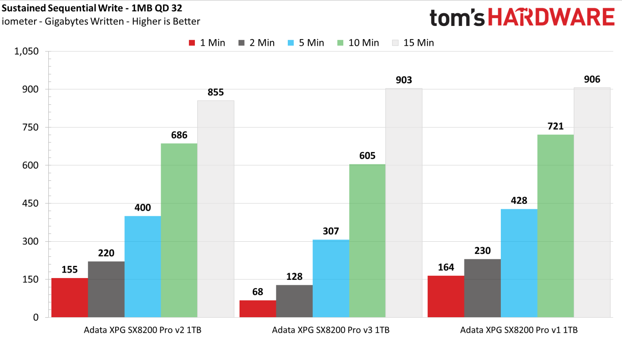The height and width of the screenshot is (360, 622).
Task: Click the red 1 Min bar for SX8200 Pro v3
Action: (x=258, y=309)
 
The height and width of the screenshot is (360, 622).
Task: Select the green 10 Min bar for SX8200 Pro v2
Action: (x=179, y=230)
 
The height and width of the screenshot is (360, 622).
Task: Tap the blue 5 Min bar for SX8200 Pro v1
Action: (x=519, y=263)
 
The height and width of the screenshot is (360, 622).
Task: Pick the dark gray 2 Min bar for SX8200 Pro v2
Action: (x=106, y=289)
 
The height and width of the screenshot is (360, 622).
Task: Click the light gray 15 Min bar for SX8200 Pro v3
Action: (x=404, y=203)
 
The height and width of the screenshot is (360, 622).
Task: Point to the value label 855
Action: (x=216, y=92)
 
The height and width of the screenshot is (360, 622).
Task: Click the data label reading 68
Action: (x=258, y=292)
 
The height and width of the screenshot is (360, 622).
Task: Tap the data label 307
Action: (x=331, y=231)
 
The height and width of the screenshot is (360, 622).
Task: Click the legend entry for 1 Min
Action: (x=207, y=43)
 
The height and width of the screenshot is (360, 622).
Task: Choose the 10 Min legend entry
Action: (x=358, y=43)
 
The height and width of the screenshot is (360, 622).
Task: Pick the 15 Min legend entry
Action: (x=413, y=43)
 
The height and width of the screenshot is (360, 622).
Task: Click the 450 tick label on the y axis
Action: (x=29, y=203)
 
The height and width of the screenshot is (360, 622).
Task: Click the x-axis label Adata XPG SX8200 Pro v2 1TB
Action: (x=143, y=330)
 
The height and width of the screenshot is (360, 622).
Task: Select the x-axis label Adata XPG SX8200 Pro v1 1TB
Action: (x=519, y=330)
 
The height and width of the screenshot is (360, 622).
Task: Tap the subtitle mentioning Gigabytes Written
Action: (x=101, y=21)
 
